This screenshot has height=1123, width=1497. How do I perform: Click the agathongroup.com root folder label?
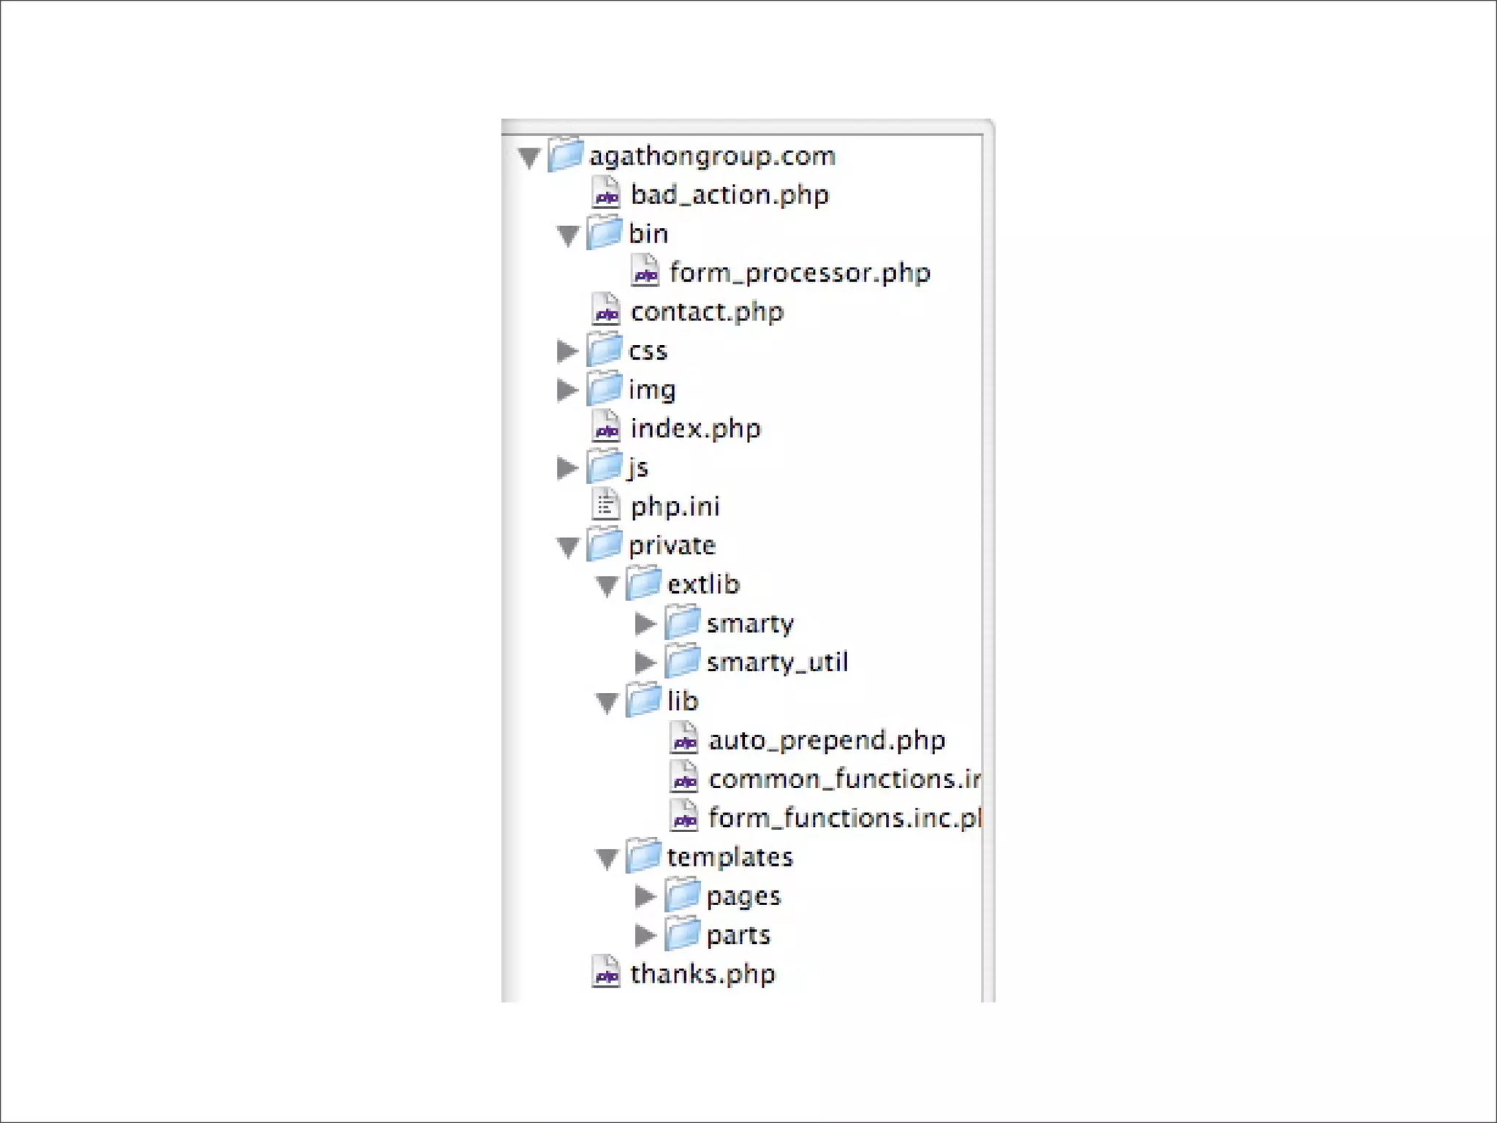711,156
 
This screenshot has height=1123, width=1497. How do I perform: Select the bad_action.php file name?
729,195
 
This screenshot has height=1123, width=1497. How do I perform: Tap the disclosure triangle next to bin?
568,235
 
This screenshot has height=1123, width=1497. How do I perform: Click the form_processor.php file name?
800,273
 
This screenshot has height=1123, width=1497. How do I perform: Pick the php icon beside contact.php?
606,311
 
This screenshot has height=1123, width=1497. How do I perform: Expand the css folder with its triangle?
567,351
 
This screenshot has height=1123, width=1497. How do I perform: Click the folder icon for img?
605,389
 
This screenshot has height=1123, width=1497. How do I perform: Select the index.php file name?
695,429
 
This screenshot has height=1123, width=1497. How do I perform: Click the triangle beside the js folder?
567,468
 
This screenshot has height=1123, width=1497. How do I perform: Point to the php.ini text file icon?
605,505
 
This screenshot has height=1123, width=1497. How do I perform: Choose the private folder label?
672,545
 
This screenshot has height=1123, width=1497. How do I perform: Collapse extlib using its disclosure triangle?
607,586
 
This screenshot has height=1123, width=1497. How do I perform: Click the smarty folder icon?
683,623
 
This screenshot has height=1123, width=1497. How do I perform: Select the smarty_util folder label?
777,662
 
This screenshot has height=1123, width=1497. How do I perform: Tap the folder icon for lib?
644,700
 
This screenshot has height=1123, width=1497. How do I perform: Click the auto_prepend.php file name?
827,741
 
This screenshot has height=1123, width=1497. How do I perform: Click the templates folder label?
729,857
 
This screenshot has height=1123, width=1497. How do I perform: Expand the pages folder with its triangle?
645,896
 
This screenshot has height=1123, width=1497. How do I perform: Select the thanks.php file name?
702,974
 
